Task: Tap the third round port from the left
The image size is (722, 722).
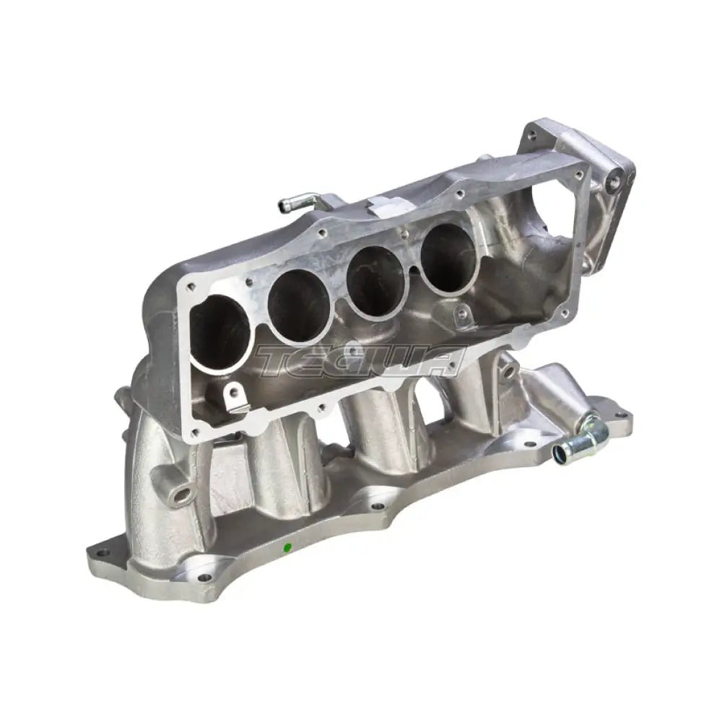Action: pos(369,278)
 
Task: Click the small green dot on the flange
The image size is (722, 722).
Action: pos(288,547)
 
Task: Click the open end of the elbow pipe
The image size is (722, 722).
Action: pos(560,453)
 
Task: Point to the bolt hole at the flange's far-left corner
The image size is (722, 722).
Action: pos(99,555)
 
